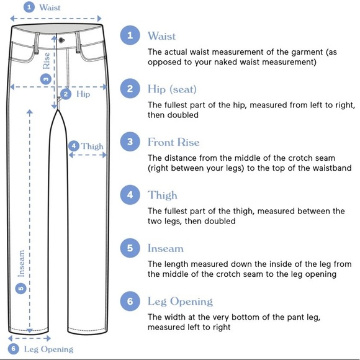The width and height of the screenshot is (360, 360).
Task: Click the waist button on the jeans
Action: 61,40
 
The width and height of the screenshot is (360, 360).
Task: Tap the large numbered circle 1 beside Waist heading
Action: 130,35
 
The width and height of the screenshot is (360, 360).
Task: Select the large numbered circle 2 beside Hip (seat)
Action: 130,88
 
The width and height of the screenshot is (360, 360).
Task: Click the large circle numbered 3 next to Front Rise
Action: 130,142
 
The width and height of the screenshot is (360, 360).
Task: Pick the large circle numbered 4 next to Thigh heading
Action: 130,195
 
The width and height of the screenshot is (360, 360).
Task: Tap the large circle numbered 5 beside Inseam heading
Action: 130,248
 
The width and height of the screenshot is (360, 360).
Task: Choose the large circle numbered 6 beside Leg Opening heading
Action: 130,301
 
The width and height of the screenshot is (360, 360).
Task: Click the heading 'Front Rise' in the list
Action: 174,142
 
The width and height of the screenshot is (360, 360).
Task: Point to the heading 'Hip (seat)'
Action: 172,89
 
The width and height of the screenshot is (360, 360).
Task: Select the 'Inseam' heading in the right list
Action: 166,248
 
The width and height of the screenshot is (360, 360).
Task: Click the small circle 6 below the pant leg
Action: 14,349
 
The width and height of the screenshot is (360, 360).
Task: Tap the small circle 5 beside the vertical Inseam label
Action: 20,288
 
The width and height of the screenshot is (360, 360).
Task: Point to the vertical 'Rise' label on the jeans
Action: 46,61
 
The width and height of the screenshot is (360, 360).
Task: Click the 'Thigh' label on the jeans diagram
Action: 92,146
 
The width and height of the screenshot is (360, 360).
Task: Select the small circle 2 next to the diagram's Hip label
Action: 66,94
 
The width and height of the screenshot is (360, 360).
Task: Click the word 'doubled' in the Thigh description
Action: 220,221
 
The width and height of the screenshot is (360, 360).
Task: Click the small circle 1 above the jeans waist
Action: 29,7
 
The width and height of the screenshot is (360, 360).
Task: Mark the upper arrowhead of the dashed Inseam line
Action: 30,112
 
